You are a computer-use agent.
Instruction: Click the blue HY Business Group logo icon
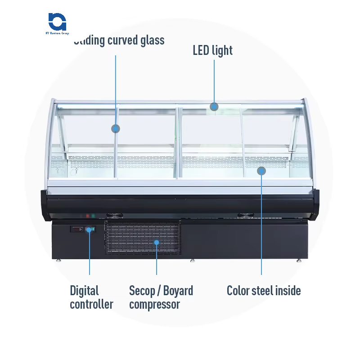57,22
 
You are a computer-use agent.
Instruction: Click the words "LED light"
213,50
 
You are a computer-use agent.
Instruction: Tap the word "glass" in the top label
150,40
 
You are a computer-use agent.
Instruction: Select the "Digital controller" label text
91,297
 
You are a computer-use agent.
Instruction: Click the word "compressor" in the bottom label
154,304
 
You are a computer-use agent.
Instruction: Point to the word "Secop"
141,291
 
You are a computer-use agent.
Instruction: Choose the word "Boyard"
178,291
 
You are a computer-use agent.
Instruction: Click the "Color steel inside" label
264,291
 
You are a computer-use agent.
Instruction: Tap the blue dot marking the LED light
214,107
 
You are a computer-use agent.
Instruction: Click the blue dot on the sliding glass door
116,129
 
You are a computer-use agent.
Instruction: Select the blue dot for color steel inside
261,171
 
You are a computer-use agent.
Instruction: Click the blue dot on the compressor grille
157,243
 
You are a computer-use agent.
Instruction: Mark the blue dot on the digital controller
89,229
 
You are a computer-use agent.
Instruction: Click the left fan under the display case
111,216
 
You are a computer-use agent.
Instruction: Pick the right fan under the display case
246,215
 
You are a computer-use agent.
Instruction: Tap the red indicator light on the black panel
85,216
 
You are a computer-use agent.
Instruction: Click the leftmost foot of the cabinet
58,260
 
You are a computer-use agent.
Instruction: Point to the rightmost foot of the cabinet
299,260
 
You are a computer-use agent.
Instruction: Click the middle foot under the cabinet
193,260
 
